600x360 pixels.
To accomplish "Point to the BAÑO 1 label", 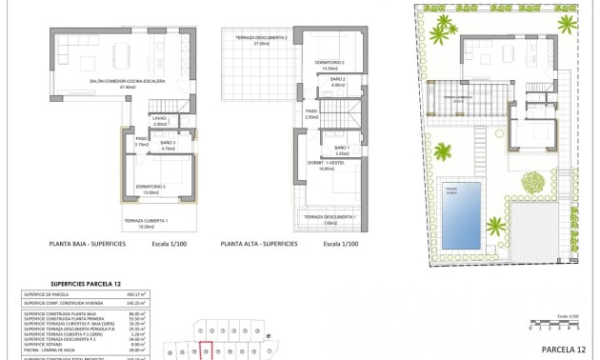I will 343,149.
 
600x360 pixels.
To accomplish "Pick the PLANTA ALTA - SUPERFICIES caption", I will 259,244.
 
